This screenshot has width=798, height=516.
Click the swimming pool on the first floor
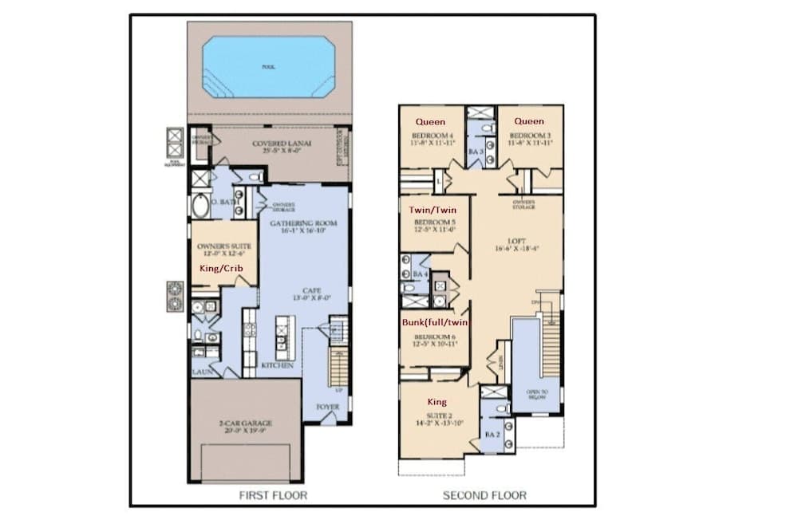tap(268, 68)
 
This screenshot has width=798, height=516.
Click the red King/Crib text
tap(220, 269)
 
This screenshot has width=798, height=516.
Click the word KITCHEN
tap(277, 365)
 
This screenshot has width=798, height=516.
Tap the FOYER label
tap(327, 406)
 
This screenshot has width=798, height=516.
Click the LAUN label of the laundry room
tap(200, 372)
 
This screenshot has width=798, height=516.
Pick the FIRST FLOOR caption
tap(274, 495)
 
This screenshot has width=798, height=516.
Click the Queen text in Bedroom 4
tap(431, 122)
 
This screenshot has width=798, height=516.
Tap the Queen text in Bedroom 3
tap(528, 122)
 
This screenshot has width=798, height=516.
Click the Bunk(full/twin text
tap(433, 322)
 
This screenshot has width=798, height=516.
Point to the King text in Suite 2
tap(437, 402)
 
